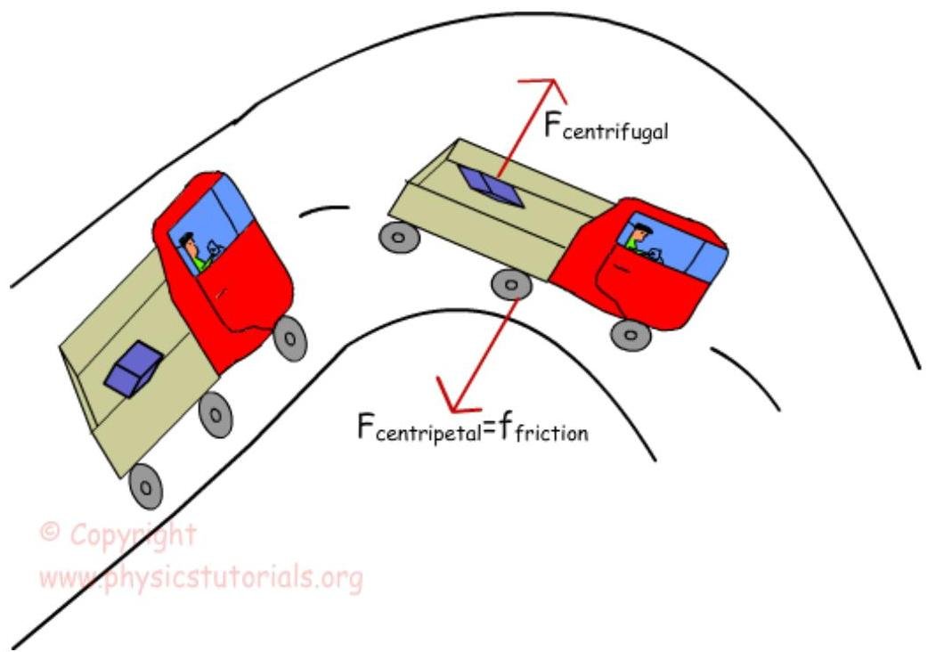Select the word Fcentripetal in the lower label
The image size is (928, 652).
tap(419, 430)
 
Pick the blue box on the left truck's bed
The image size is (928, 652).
tap(133, 368)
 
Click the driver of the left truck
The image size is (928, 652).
tap(191, 250)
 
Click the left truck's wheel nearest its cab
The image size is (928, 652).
tap(289, 338)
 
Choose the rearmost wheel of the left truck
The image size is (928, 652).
tap(146, 485)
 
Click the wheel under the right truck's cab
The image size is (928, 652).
tap(631, 334)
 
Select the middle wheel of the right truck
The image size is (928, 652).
tap(510, 285)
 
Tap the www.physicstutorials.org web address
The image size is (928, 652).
tap(201, 580)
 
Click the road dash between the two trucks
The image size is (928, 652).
tap(324, 211)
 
